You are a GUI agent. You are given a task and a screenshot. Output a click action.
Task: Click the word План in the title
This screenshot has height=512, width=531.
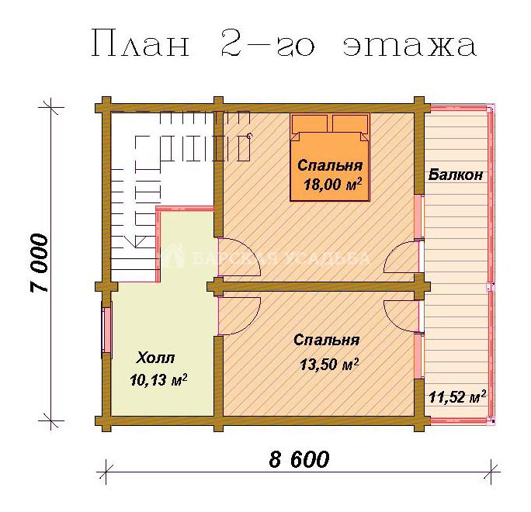click(141, 43)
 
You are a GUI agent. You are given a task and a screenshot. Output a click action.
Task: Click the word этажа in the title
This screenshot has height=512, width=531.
click(409, 47)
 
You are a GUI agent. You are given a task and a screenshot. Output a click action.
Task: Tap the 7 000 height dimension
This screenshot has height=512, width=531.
click(40, 263)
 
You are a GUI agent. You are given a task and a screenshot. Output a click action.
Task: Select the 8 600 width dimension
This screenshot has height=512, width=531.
click(299, 459)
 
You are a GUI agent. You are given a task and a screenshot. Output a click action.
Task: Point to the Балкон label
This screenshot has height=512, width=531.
click(456, 175)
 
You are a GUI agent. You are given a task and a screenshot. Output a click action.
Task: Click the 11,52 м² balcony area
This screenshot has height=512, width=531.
click(457, 396)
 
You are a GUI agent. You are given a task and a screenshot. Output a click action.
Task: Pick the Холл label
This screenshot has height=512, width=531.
click(155, 358)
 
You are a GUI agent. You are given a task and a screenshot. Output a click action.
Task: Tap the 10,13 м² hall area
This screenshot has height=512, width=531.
click(158, 379)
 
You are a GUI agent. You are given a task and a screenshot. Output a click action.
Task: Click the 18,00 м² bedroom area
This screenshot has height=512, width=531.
click(333, 185)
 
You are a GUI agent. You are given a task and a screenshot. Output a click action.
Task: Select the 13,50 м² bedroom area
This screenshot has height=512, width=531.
click(329, 364)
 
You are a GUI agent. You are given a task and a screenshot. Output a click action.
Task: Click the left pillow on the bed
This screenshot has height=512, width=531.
click(310, 123)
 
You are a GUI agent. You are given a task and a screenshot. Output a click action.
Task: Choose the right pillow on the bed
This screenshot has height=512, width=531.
click(350, 123)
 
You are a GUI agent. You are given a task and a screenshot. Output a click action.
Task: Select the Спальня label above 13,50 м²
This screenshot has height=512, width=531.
click(327, 340)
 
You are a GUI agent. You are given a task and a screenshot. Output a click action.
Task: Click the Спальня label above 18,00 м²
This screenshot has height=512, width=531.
click(330, 165)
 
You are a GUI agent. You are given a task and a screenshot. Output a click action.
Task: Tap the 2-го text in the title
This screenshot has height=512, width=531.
click(268, 43)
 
